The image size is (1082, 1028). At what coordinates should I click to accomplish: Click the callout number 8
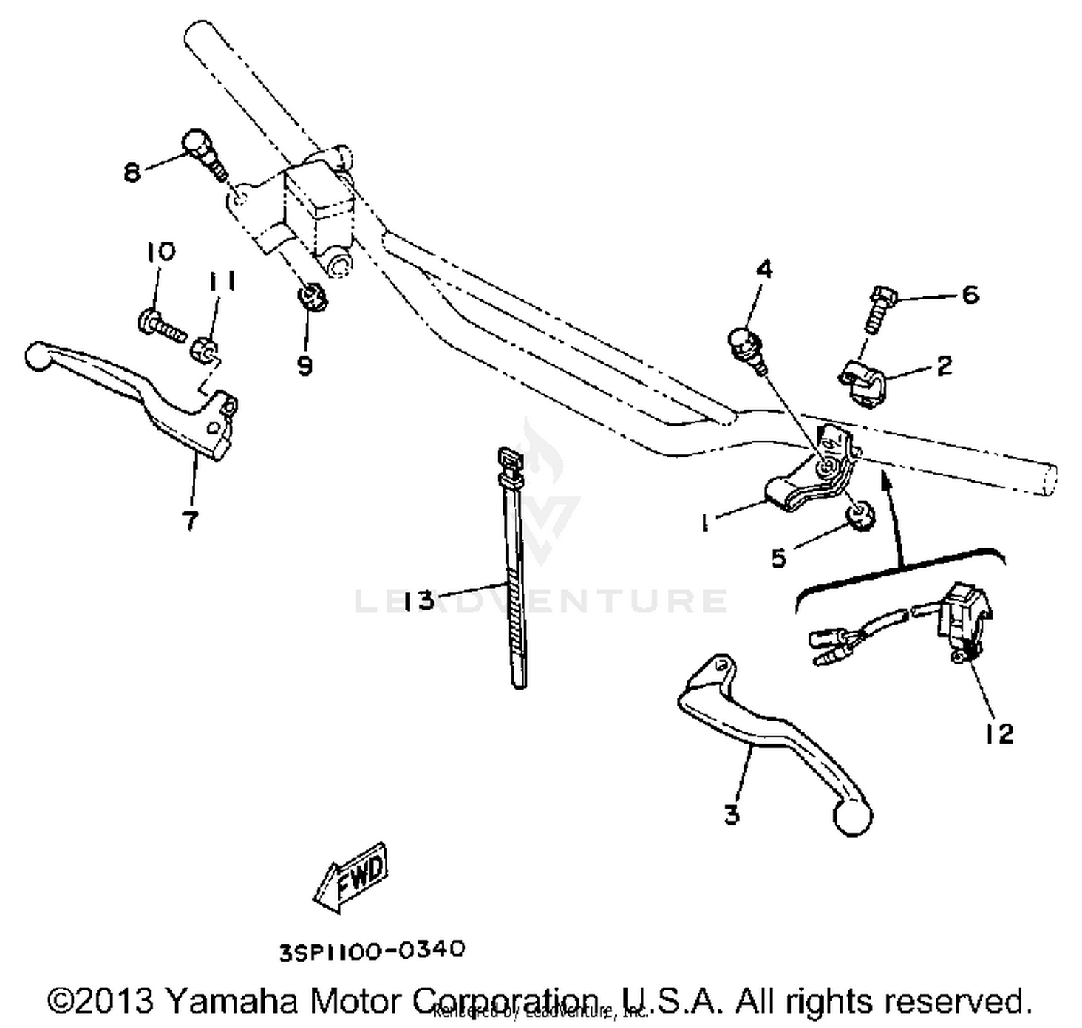tap(132, 172)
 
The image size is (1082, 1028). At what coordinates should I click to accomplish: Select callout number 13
tap(419, 600)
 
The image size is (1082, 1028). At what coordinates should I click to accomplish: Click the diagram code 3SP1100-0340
tap(372, 950)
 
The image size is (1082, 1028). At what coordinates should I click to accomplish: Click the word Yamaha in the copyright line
tap(234, 1001)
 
